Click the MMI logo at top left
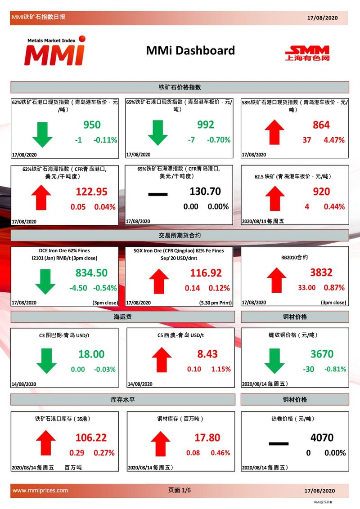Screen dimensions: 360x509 (x=55, y=51)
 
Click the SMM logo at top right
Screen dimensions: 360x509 (x=307, y=54)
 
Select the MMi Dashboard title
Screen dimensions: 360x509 (x=190, y=50)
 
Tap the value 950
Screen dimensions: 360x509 (x=92, y=125)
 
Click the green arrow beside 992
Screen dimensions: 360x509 (x=157, y=133)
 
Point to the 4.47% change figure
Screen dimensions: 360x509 (x=334, y=140)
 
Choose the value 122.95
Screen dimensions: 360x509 (x=92, y=192)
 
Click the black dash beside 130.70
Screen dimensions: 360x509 (x=158, y=194)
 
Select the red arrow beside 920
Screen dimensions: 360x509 (x=275, y=198)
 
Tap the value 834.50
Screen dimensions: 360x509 (x=91, y=272)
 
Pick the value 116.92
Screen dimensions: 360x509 (x=206, y=272)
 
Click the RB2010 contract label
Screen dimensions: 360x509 (x=294, y=257)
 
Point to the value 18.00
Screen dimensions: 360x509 (x=91, y=354)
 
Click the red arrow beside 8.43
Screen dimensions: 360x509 (x=162, y=360)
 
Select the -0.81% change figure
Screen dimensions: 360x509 (x=335, y=369)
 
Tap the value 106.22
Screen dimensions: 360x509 (x=91, y=438)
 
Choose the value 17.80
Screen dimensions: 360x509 (x=207, y=438)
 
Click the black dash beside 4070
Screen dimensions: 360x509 (x=279, y=443)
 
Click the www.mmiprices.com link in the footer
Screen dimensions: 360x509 (x=40, y=490)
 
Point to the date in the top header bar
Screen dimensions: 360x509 (x=322, y=18)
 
